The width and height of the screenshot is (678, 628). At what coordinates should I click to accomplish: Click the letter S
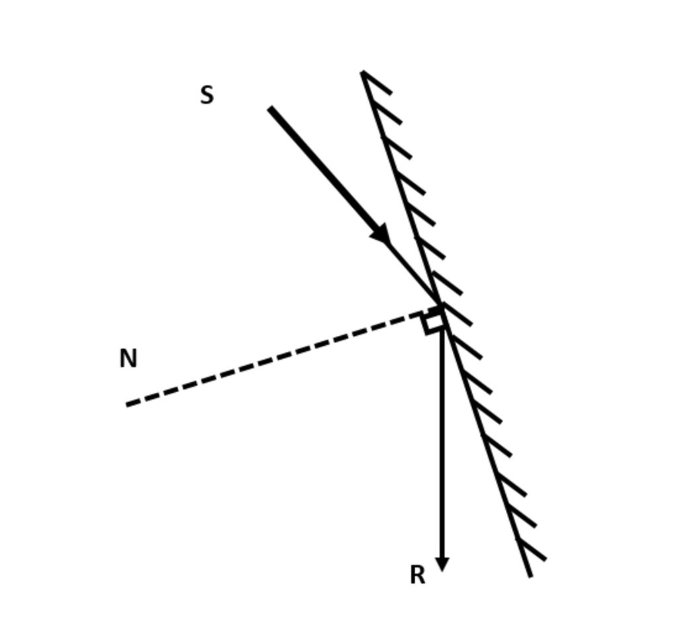(x=207, y=95)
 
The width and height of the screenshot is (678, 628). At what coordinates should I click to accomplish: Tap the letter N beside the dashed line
(x=128, y=359)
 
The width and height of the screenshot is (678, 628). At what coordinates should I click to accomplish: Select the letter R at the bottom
(x=417, y=575)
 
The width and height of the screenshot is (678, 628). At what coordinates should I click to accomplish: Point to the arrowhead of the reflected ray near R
(x=442, y=563)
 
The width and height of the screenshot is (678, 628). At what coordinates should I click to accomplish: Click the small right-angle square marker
(x=434, y=321)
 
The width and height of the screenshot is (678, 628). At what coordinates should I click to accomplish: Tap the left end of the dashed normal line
(x=128, y=404)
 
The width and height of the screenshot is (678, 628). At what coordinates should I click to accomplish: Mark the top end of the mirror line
(x=363, y=72)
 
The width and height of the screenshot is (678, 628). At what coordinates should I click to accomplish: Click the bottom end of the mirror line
(x=530, y=576)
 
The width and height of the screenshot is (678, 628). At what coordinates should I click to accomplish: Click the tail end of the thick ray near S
(x=270, y=108)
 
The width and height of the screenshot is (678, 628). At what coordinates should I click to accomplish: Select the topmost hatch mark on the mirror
(x=377, y=82)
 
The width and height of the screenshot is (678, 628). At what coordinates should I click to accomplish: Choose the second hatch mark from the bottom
(x=522, y=517)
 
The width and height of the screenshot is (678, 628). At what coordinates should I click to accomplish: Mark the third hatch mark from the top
(x=397, y=147)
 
